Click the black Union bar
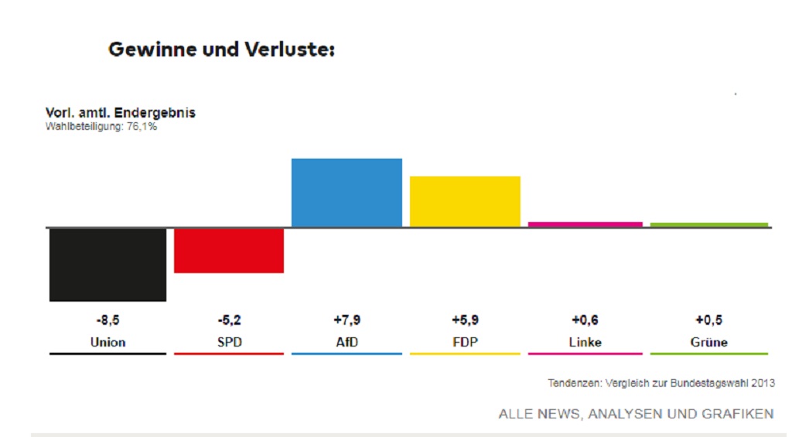click(108, 265)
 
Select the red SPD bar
click(229, 251)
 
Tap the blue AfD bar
click(346, 193)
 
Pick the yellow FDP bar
click(465, 202)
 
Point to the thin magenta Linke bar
click(585, 224)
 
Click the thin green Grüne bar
click(709, 224)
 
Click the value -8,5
click(108, 320)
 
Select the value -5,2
click(229, 320)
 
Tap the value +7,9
click(346, 320)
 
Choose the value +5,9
click(465, 320)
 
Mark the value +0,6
click(585, 320)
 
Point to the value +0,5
click(709, 320)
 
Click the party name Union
click(108, 342)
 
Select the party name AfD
click(346, 342)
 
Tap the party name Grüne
click(709, 342)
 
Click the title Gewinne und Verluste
click(221, 50)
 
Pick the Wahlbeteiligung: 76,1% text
click(101, 126)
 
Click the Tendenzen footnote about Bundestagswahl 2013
click(661, 383)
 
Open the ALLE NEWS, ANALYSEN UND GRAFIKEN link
click(636, 415)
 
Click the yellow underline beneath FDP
click(465, 353)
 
